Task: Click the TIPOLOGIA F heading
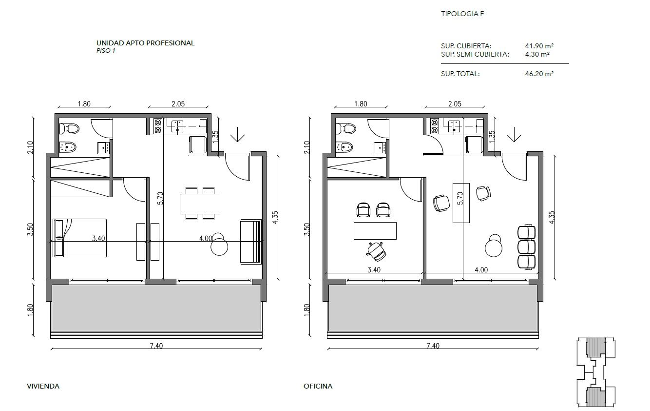pyautogui.click(x=462, y=14)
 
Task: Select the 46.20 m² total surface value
pyautogui.click(x=539, y=74)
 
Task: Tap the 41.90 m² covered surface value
pyautogui.click(x=539, y=46)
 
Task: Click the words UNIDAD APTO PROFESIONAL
pyautogui.click(x=145, y=43)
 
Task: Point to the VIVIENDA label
pyautogui.click(x=43, y=386)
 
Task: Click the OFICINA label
pyautogui.click(x=318, y=386)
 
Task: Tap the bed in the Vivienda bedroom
pyautogui.click(x=79, y=238)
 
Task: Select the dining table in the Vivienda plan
pyautogui.click(x=200, y=204)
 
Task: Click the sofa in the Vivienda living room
pyautogui.click(x=251, y=242)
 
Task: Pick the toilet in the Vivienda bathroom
pyautogui.click(x=69, y=128)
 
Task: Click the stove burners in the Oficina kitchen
pyautogui.click(x=435, y=126)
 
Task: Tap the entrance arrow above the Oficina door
pyautogui.click(x=514, y=135)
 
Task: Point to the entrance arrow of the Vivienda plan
pyautogui.click(x=238, y=135)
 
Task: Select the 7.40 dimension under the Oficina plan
pyautogui.click(x=433, y=346)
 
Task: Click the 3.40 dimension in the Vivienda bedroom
pyautogui.click(x=98, y=238)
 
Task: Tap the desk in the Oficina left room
pyautogui.click(x=375, y=231)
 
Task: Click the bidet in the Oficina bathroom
pyautogui.click(x=344, y=147)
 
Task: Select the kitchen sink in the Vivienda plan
pyautogui.click(x=177, y=126)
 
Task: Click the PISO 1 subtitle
pyautogui.click(x=106, y=51)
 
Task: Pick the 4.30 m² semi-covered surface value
pyautogui.click(x=537, y=54)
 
